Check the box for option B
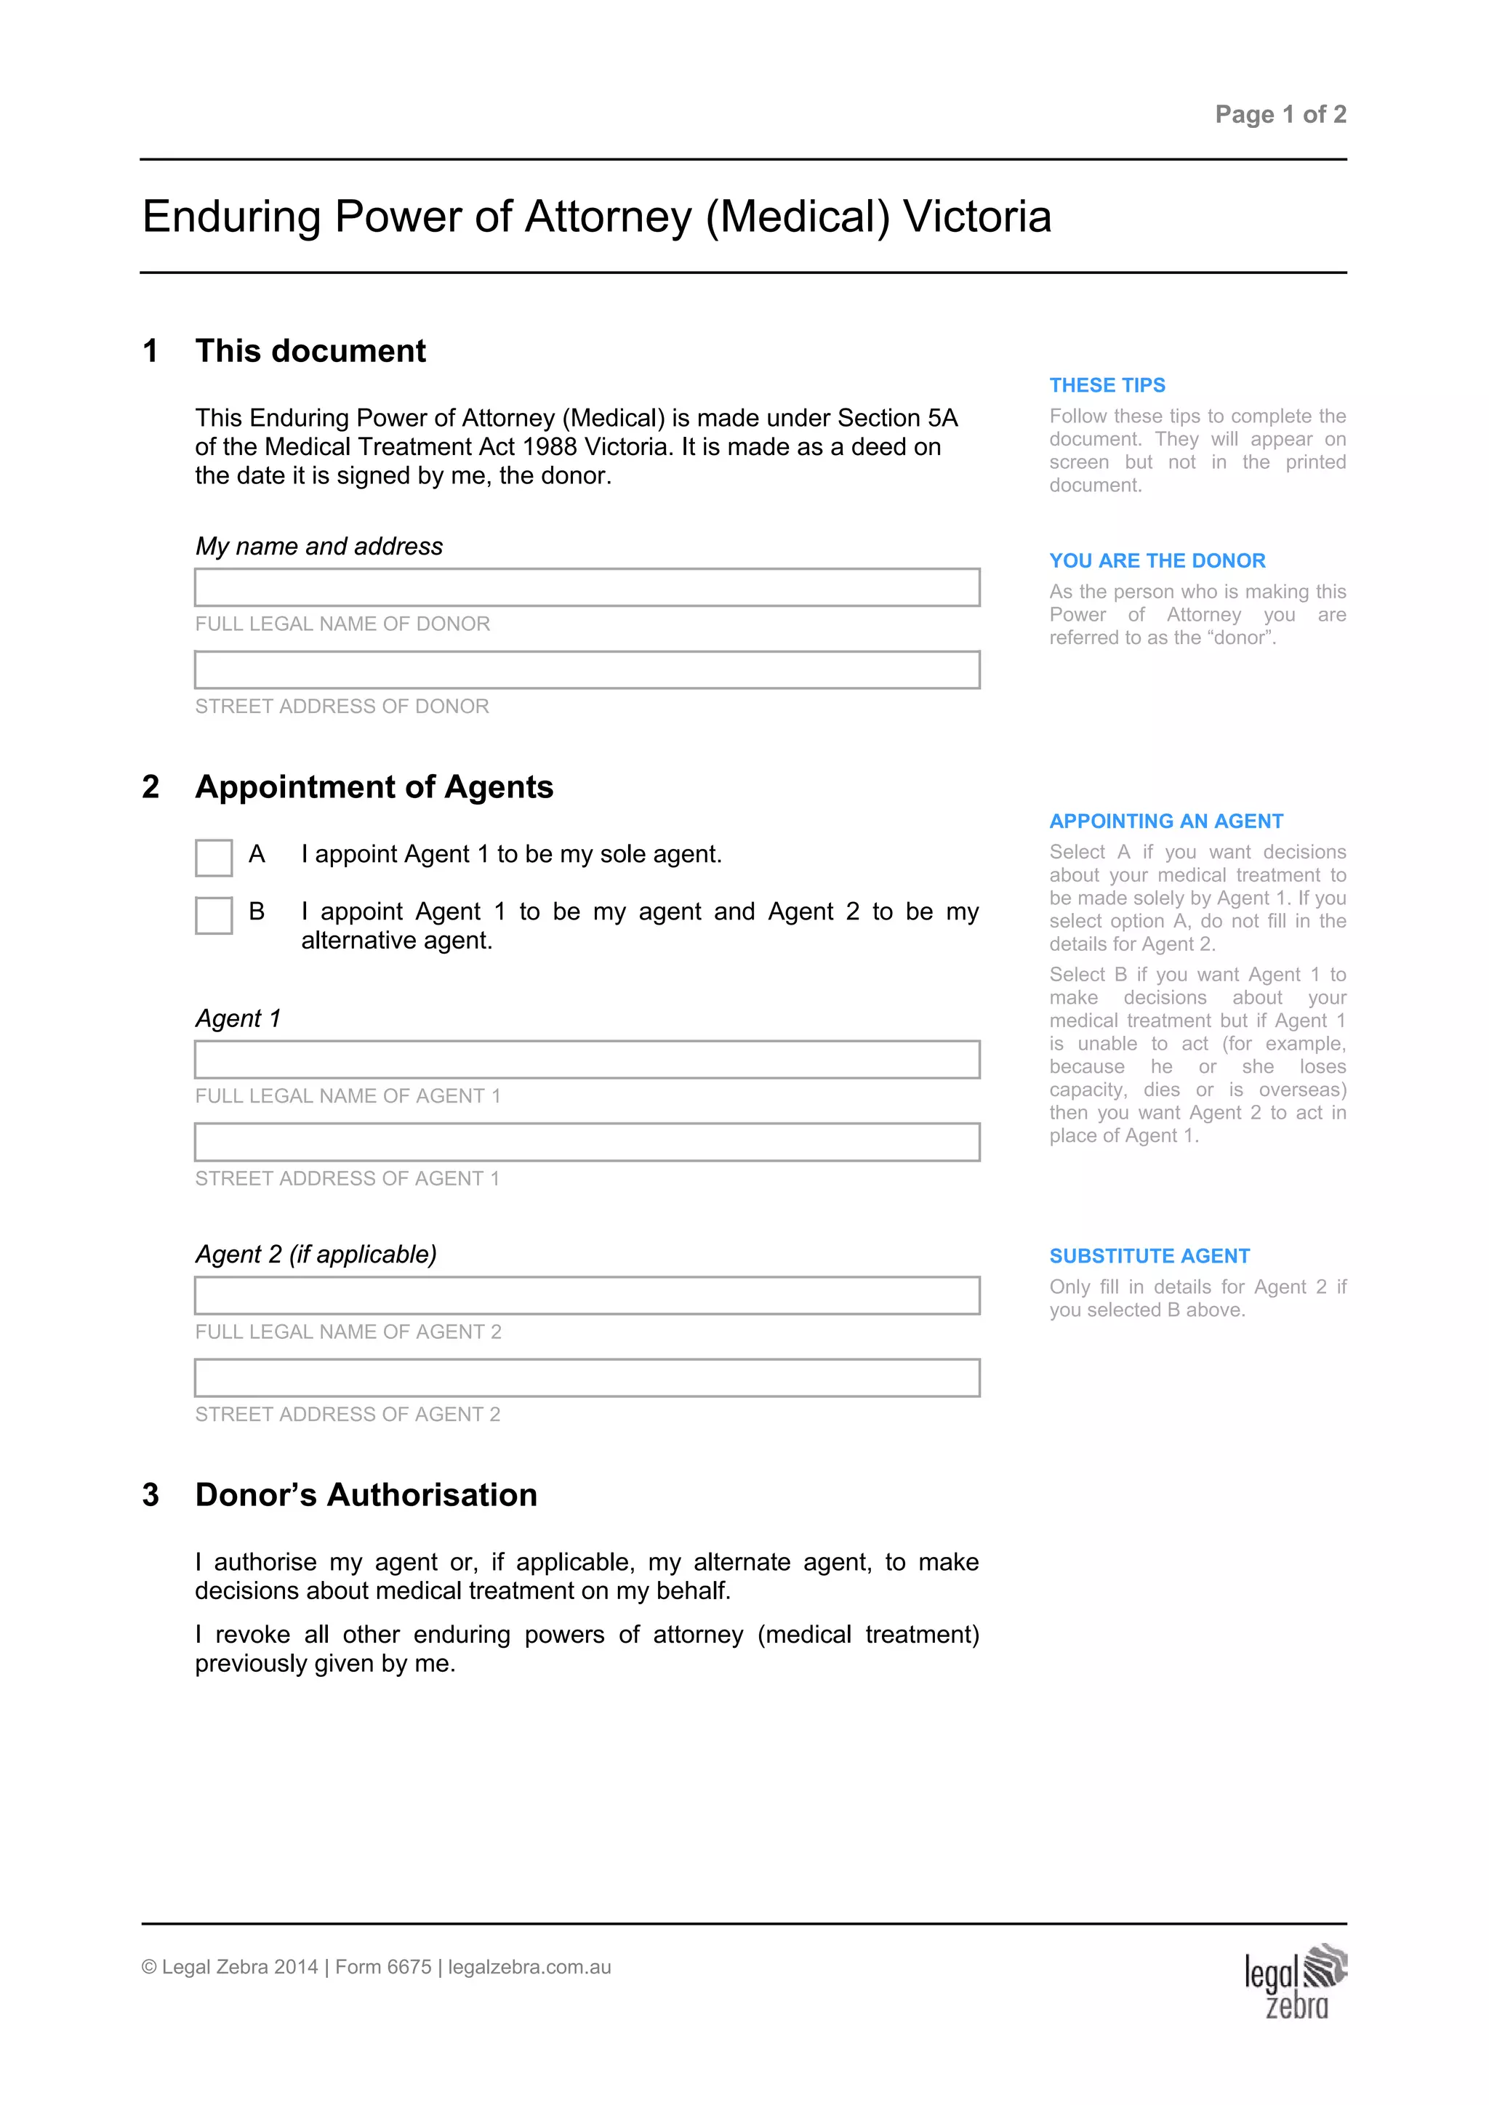[x=214, y=915]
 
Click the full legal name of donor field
[x=587, y=588]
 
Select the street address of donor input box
[x=587, y=670]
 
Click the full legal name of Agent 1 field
[x=587, y=1060]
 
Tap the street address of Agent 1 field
[x=587, y=1143]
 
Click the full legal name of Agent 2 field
[x=587, y=1295]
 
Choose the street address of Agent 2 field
[x=587, y=1378]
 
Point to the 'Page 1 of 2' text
[x=1280, y=115]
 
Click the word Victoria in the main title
[x=976, y=217]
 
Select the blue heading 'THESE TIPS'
[x=1107, y=385]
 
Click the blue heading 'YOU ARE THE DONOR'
[x=1157, y=560]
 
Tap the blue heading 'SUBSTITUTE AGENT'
[x=1149, y=1256]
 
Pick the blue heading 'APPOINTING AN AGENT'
[x=1165, y=821]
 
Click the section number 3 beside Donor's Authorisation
[x=151, y=1495]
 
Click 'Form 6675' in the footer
[x=383, y=1967]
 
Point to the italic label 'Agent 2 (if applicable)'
[x=316, y=1254]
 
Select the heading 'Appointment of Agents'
[x=374, y=787]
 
